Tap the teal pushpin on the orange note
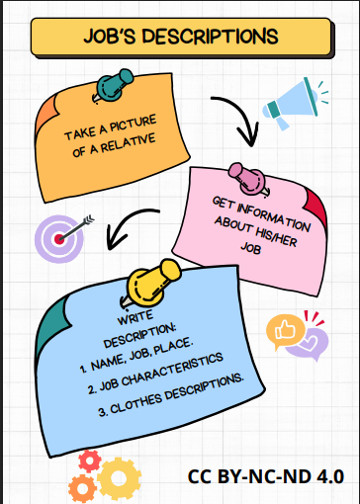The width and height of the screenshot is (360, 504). coord(112,84)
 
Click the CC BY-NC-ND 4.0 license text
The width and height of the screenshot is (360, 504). coord(266,476)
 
